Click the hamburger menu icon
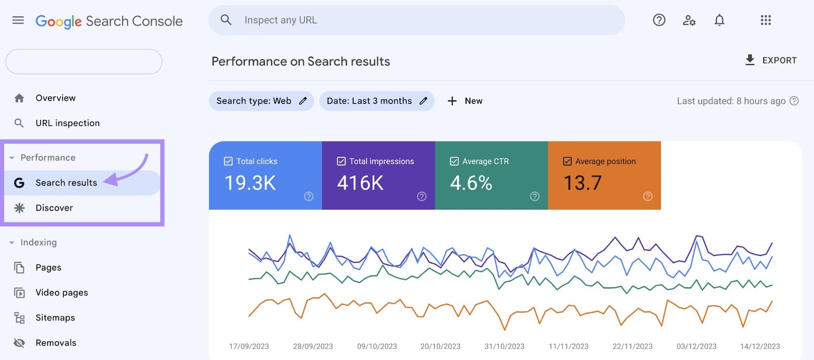18,20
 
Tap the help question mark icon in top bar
659,20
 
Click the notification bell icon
719,20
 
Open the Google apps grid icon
766,20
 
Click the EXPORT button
771,61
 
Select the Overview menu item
55,98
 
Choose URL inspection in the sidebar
67,123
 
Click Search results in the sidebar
66,183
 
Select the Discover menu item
54,208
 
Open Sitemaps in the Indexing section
55,318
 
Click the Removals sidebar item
56,343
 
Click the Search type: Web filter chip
261,101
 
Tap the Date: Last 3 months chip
376,101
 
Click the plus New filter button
465,101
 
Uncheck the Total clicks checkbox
228,161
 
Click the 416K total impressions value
360,183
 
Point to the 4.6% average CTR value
471,183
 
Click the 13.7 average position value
583,183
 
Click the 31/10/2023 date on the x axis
504,346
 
